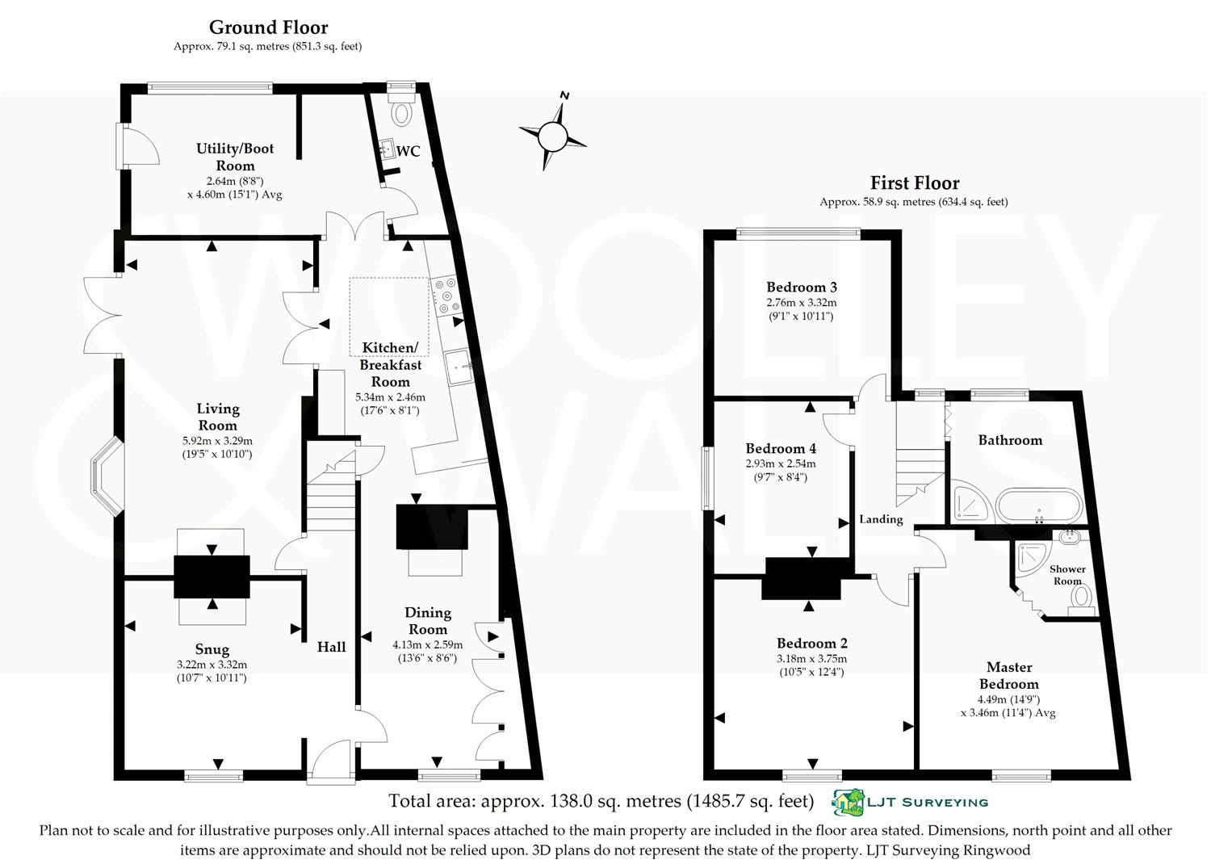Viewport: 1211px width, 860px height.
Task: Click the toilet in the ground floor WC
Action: (x=402, y=111)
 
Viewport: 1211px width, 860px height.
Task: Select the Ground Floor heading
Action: (x=269, y=27)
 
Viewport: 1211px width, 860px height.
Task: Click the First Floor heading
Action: (x=915, y=182)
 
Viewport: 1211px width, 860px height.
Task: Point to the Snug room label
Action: (x=212, y=649)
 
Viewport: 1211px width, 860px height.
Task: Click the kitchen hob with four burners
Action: (x=446, y=296)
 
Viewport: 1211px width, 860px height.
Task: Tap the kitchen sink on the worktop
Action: (x=459, y=367)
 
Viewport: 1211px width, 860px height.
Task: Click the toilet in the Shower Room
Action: (x=1081, y=600)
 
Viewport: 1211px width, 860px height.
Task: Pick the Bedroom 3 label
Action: (x=802, y=287)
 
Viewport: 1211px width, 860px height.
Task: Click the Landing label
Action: (x=882, y=519)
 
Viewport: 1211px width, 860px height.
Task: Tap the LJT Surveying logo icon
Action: (x=846, y=802)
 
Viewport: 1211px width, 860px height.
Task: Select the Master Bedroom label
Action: (x=1009, y=675)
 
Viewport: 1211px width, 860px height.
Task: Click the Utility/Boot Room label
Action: (x=235, y=157)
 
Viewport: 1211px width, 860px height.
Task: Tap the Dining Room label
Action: (x=428, y=621)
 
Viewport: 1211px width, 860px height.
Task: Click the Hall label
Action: (x=331, y=647)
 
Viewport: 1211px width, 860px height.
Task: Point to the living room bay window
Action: (x=107, y=476)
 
